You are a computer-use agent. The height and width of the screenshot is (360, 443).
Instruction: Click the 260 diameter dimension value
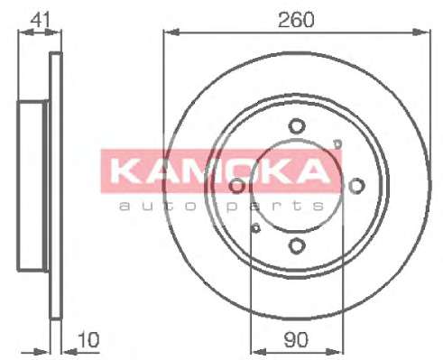coord(296,20)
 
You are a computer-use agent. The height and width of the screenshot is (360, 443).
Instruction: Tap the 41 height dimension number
coord(41,20)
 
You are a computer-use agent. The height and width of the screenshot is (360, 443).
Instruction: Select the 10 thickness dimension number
coord(88,339)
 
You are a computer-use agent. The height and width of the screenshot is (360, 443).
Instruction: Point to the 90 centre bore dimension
coord(296,340)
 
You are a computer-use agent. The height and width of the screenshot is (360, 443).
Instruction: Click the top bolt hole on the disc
coord(297,126)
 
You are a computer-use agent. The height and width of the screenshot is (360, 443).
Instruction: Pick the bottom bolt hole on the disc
coord(297,245)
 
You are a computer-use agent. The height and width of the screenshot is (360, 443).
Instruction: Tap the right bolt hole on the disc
coord(356,186)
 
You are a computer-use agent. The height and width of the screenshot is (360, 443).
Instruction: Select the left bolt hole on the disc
coord(237,186)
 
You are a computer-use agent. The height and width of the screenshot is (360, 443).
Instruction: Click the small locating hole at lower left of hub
coord(256,228)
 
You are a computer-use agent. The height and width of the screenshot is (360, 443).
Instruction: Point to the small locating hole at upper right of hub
coord(338,144)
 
